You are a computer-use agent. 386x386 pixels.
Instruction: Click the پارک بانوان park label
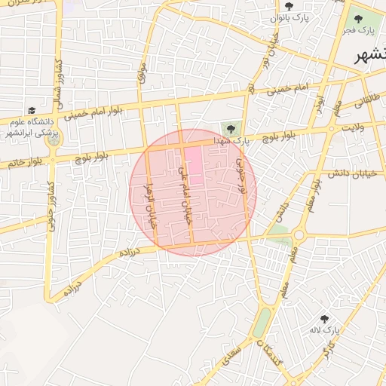291,17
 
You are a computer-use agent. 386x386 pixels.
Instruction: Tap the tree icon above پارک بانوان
289,5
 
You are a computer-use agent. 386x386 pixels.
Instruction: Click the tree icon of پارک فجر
357,19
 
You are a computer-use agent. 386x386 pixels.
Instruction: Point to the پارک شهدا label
230,139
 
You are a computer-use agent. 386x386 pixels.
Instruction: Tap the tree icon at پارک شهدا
230,128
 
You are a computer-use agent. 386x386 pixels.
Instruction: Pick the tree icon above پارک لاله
324,319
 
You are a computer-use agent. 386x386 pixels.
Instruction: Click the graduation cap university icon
31,110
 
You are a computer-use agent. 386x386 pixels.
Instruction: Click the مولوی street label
141,72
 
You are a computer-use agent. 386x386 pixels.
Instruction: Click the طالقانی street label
363,105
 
